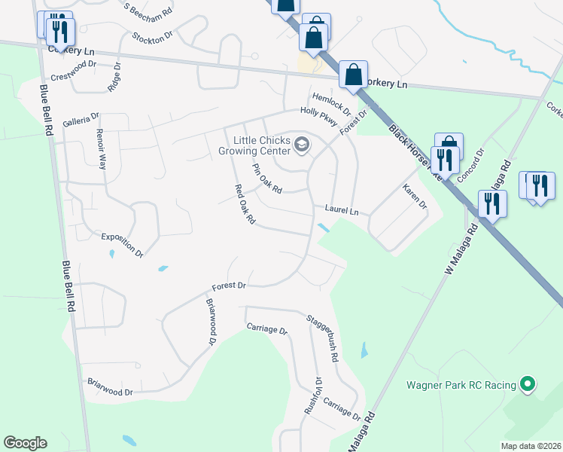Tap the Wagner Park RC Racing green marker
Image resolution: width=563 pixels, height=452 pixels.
coord(528,385)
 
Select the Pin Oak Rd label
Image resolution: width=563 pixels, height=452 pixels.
coord(266,179)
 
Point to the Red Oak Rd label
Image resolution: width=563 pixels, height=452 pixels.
coord(245,205)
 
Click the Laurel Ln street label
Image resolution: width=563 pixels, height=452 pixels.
coord(342,210)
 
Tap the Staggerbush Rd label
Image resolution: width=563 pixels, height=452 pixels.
coord(324,336)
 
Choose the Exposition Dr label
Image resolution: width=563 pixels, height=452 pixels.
coord(122,246)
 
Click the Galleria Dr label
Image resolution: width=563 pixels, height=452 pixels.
coord(81,120)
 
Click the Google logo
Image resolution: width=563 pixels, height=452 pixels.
coord(25,443)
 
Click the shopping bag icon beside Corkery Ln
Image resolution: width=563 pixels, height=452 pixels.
coord(352,75)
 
